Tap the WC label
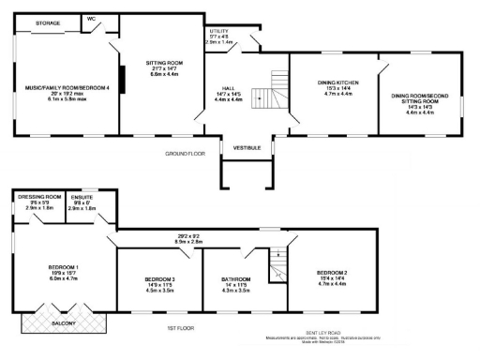pyautogui.click(x=92, y=19)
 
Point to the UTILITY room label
pyautogui.click(x=218, y=31)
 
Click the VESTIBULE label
pyautogui.click(x=247, y=147)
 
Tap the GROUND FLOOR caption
pyautogui.click(x=184, y=152)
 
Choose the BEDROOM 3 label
pyautogui.click(x=159, y=279)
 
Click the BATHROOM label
pyautogui.click(x=236, y=279)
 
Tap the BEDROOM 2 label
pyautogui.click(x=332, y=273)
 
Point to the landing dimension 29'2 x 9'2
pyautogui.click(x=202, y=236)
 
